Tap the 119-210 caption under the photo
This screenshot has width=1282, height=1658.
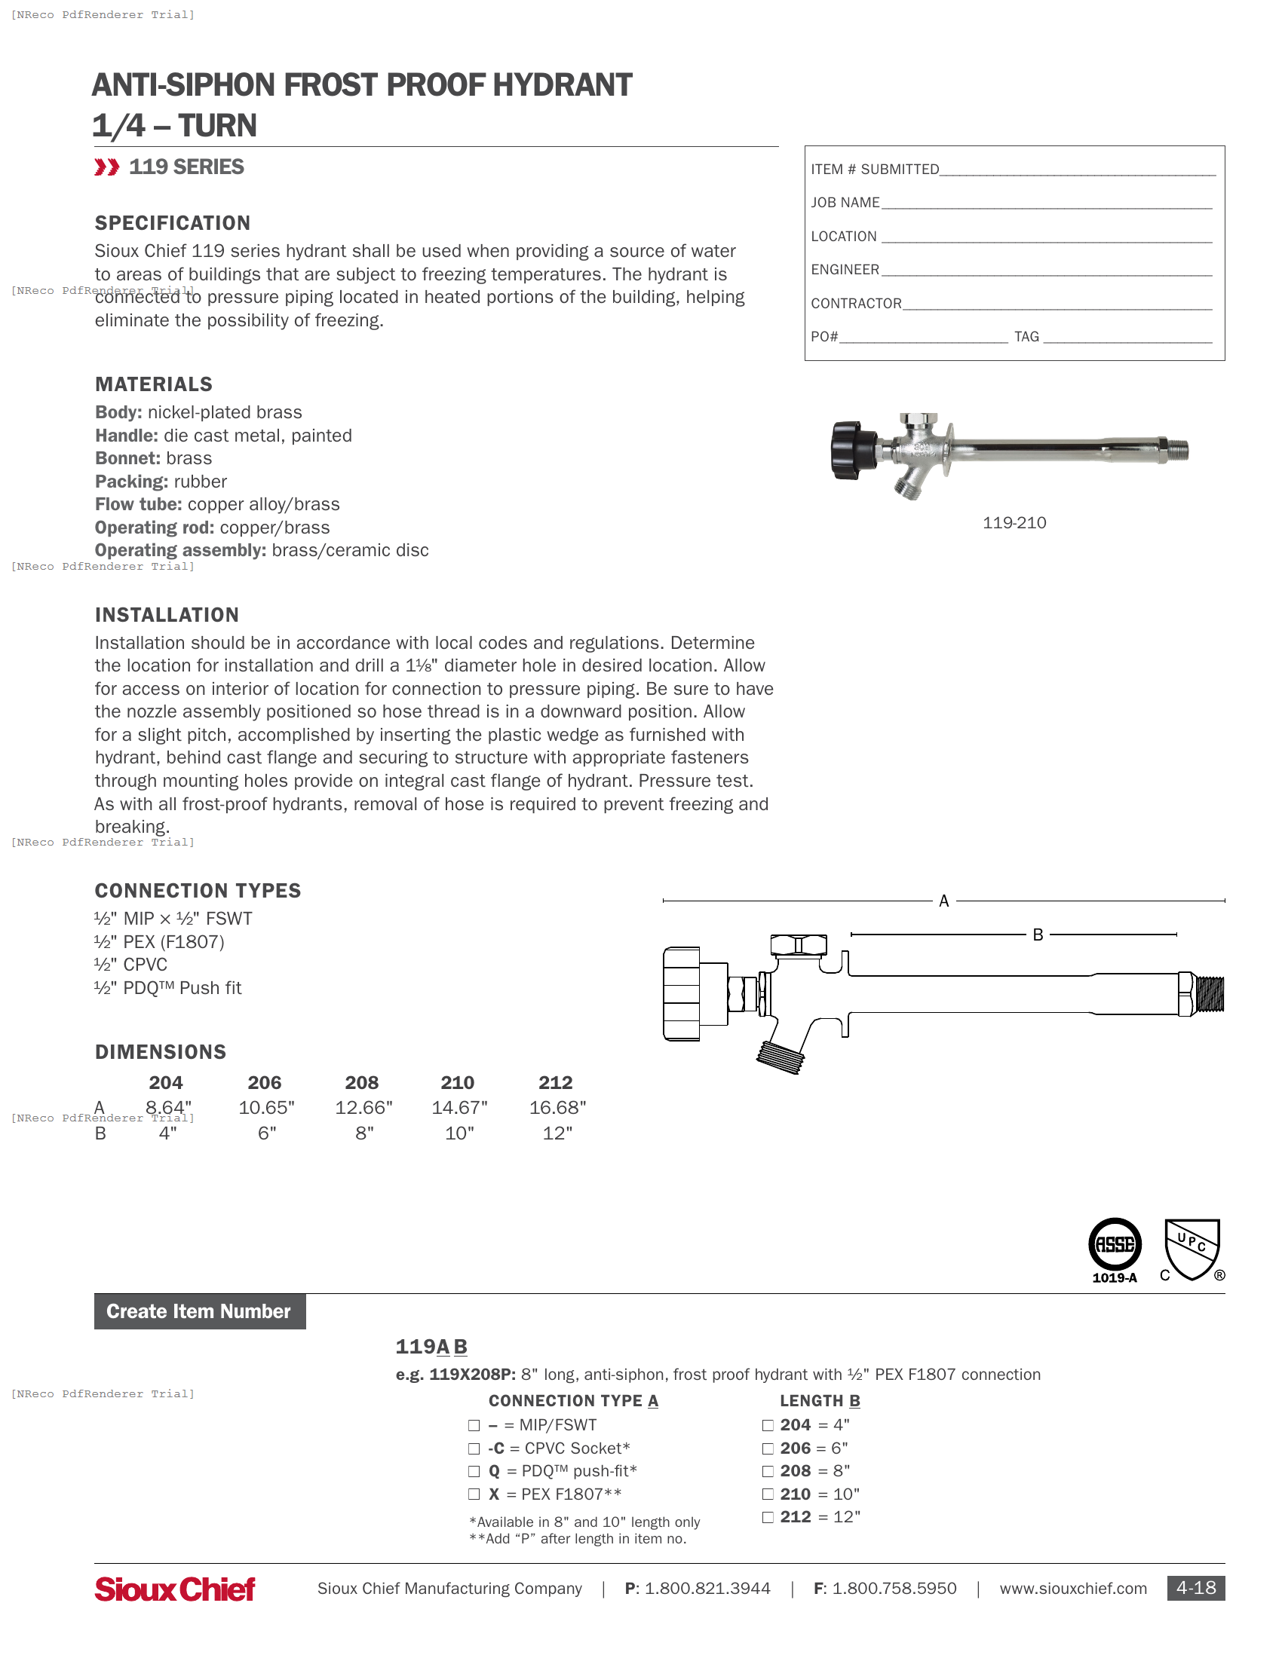(x=1014, y=523)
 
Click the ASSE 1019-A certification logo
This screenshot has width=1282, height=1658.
(x=1114, y=1250)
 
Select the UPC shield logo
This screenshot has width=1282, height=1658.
(x=1192, y=1248)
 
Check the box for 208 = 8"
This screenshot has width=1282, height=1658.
(x=768, y=1471)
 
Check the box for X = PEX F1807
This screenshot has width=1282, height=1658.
(x=474, y=1494)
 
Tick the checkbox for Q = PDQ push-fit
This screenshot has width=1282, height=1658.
(x=474, y=1471)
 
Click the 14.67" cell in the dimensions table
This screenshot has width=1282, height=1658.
(x=459, y=1108)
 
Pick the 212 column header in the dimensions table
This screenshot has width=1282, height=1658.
(x=555, y=1082)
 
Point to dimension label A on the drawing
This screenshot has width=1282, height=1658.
(x=943, y=901)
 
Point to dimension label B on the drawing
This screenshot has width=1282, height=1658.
(x=1038, y=935)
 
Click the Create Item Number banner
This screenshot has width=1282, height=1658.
(x=200, y=1311)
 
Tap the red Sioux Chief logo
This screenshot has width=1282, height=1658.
(x=175, y=1588)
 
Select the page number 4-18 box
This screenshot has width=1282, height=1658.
(x=1195, y=1587)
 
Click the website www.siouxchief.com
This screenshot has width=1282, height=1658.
(x=1072, y=1588)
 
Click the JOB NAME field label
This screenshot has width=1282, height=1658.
(x=845, y=203)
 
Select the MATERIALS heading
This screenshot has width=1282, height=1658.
(x=153, y=384)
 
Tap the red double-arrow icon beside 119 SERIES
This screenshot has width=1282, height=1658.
(x=106, y=167)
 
